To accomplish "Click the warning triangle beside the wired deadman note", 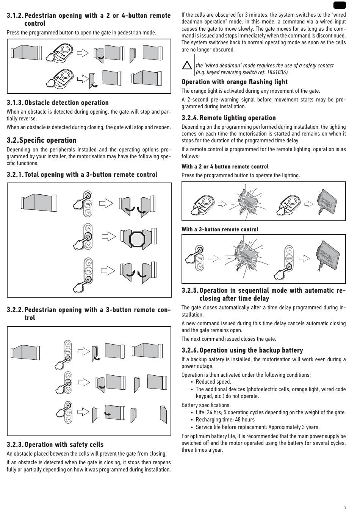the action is coord(187,65).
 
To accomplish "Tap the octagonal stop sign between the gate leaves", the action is coord(137,239).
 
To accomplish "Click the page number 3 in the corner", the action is coord(344,508).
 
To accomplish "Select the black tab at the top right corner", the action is coord(339,5).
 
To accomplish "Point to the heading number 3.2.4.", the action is coord(190,118).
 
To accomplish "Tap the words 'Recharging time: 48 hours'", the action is coord(225,420).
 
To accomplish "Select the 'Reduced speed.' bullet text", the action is coord(213,382).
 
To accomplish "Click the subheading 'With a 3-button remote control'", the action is coord(220,229).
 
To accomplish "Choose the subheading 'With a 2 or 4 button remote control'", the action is coord(225,167).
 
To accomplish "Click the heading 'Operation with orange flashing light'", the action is coord(235,82).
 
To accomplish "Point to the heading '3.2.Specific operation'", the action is coord(41,140).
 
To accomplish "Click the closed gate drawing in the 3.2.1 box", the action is coord(39,203).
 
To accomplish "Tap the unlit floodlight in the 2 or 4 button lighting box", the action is coord(327,201).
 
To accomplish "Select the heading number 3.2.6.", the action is coord(190,350).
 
